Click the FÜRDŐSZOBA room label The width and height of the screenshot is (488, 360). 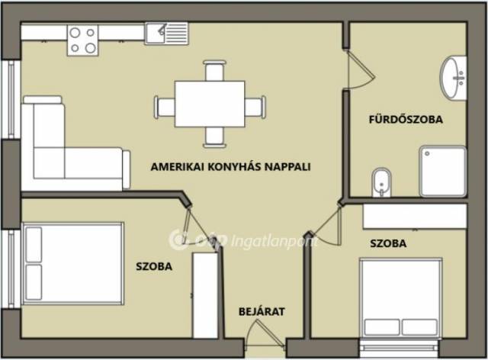click(x=406, y=119)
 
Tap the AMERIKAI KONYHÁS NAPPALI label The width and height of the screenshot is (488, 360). click(x=230, y=166)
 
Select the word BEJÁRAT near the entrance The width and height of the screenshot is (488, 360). click(x=262, y=311)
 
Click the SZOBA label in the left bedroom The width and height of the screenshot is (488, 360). click(x=154, y=266)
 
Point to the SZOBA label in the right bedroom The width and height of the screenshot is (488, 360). click(x=388, y=243)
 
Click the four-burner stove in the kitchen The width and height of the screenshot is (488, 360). click(x=82, y=40)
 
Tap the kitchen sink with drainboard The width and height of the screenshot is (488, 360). click(x=166, y=34)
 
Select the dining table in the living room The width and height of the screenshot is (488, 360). click(x=210, y=104)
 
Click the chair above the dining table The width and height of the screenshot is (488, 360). click(x=214, y=71)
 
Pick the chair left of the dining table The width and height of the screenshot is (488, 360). click(x=165, y=107)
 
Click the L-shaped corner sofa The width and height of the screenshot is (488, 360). click(x=75, y=144)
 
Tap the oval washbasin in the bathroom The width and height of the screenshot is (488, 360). click(x=453, y=78)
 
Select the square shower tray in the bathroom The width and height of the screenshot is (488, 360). click(x=443, y=172)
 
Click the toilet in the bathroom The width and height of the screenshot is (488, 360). click(x=381, y=183)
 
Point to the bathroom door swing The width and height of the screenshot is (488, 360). click(x=361, y=69)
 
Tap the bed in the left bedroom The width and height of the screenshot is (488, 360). click(x=73, y=263)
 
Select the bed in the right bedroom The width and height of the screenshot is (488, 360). click(x=401, y=298)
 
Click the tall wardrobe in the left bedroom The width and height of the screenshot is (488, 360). click(x=205, y=295)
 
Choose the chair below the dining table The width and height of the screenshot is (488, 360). click(x=214, y=137)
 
